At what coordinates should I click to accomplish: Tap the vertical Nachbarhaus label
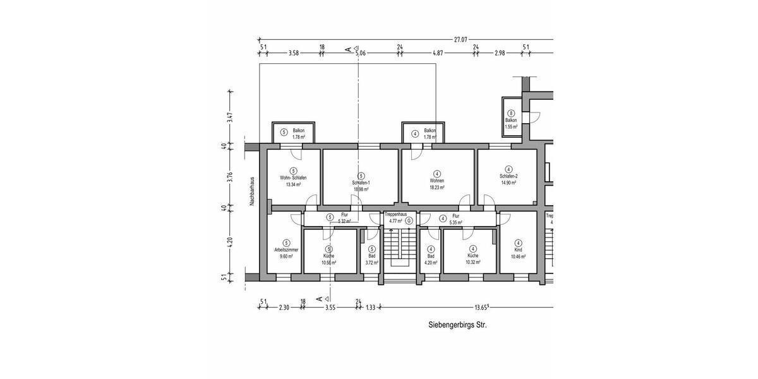tap(251, 191)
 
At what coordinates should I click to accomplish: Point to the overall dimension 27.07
tap(460, 40)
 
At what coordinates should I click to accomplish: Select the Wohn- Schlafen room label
tap(293, 178)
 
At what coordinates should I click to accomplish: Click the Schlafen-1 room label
tap(361, 183)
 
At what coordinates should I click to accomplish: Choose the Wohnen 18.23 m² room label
tap(436, 180)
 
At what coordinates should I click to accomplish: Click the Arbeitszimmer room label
tap(286, 250)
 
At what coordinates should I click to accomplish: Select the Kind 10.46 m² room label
tap(518, 250)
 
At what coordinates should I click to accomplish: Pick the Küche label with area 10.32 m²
tap(472, 256)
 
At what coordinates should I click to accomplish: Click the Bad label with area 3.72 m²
tap(372, 256)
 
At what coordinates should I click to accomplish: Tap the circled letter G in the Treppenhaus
tap(409, 221)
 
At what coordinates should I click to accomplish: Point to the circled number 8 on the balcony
tap(511, 113)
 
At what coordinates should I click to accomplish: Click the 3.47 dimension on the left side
tap(231, 117)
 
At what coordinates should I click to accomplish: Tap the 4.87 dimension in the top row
tap(438, 54)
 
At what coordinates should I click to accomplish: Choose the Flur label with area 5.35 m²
tap(455, 219)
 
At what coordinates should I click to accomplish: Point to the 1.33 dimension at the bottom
tap(370, 308)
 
